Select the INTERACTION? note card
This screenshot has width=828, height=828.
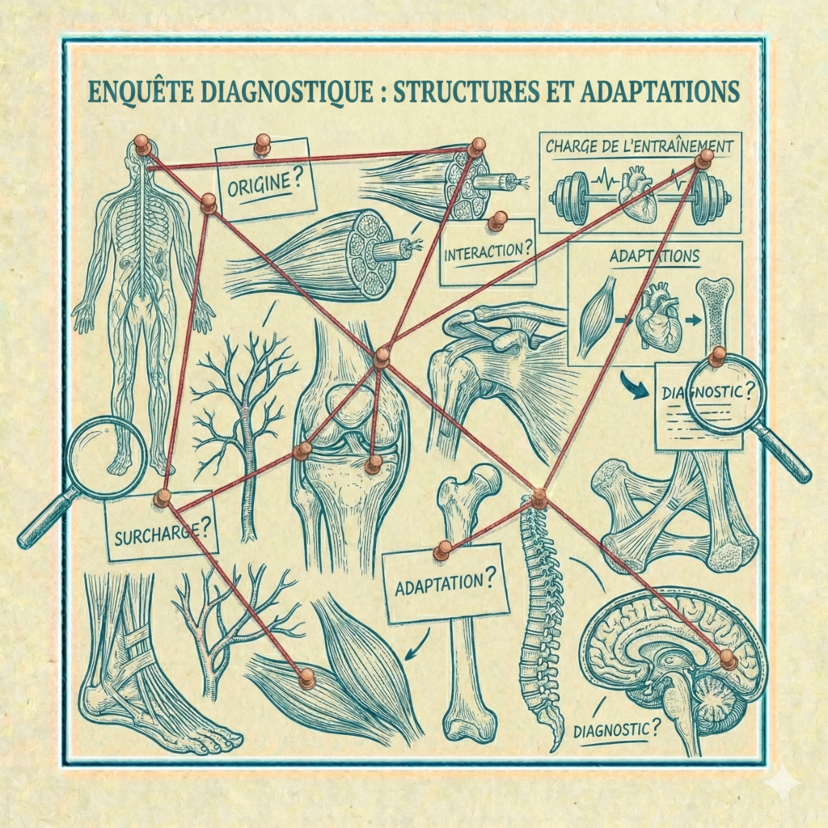488,251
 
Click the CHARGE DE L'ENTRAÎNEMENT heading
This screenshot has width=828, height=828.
639,147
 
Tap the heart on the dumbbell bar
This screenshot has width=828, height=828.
636,196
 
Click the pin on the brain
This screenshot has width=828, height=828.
727,659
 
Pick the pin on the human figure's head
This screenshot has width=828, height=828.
142,145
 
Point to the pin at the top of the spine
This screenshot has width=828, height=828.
539,498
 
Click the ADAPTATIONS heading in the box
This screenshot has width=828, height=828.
654,256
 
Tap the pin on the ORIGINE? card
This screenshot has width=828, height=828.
262,145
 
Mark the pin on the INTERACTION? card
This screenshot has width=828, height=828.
497,220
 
